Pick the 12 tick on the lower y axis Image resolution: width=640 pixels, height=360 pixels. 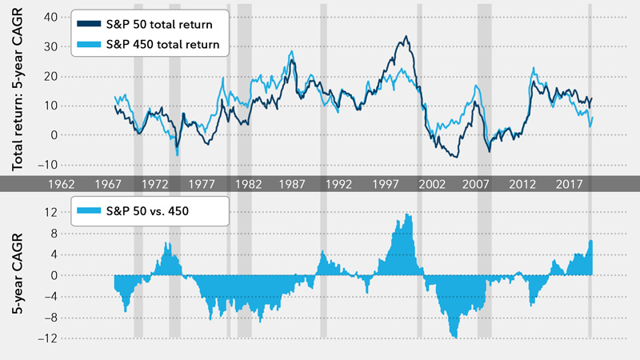[51, 212]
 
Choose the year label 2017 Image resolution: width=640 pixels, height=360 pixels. [570, 183]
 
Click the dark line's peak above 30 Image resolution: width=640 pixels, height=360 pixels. [406, 37]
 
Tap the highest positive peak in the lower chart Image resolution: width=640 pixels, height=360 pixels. [408, 214]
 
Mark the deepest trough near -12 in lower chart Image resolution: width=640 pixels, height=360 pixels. [455, 337]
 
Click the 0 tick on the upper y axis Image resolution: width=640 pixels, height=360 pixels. [53, 135]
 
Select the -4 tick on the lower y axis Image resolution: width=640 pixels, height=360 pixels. [50, 296]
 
